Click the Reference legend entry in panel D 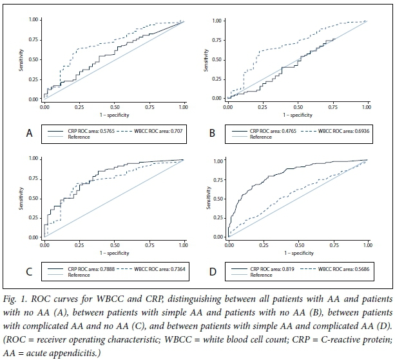(x=260, y=275)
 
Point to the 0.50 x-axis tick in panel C (x=114, y=245)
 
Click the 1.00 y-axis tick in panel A (x=33, y=21)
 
